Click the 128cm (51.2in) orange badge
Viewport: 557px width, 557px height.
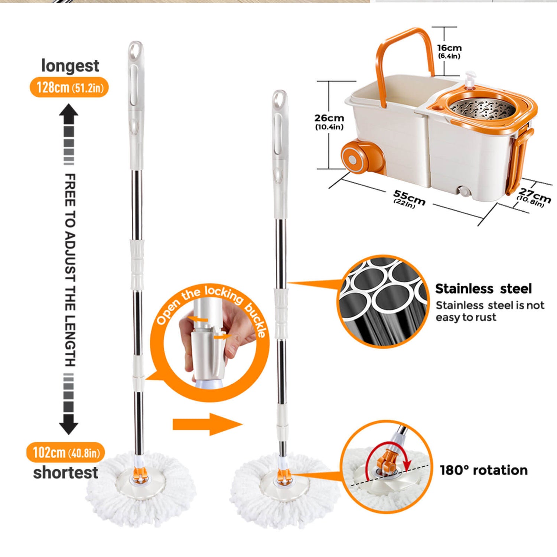pos(69,87)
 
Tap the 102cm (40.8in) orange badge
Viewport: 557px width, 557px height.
pos(66,452)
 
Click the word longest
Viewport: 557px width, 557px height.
pos(70,66)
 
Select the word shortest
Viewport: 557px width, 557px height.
pos(66,472)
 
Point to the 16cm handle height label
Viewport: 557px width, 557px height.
pos(449,51)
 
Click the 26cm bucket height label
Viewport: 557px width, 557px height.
pos(329,121)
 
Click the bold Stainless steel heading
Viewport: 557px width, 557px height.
pos(483,289)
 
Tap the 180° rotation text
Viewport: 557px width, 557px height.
pos(483,470)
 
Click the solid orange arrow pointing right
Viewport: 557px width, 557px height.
pos(207,424)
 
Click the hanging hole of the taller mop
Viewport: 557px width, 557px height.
pos(136,49)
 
